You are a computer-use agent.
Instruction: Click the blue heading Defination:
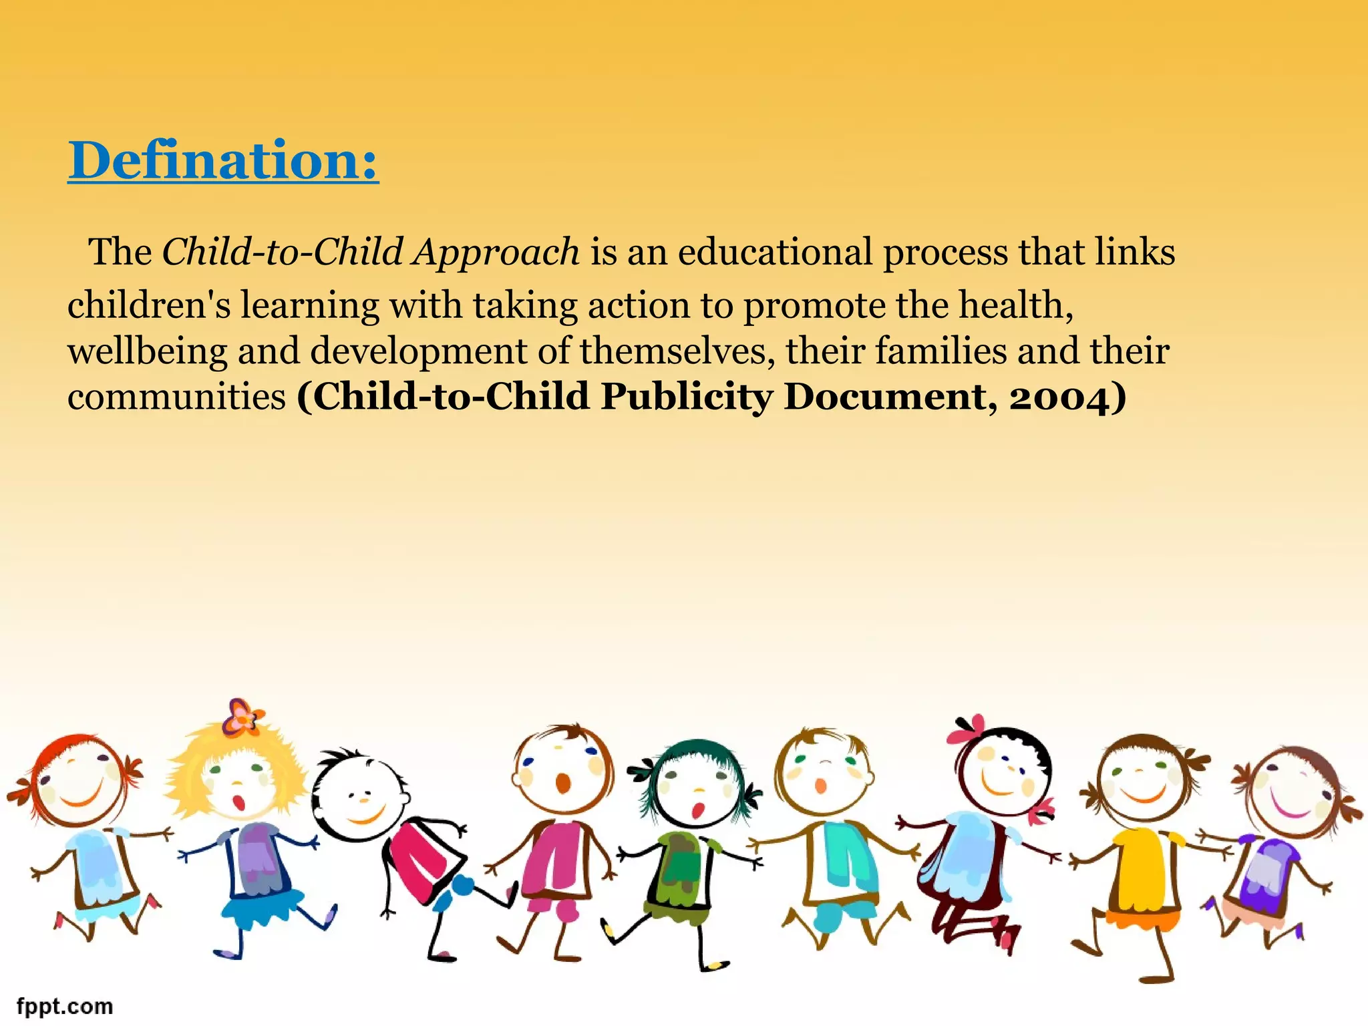tap(223, 160)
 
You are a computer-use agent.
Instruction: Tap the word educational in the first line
tap(775, 252)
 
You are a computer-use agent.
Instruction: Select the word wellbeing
tap(147, 352)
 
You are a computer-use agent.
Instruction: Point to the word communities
tap(176, 397)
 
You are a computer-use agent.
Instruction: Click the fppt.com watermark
tap(65, 1006)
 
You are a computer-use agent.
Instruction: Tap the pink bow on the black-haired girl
tap(967, 729)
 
